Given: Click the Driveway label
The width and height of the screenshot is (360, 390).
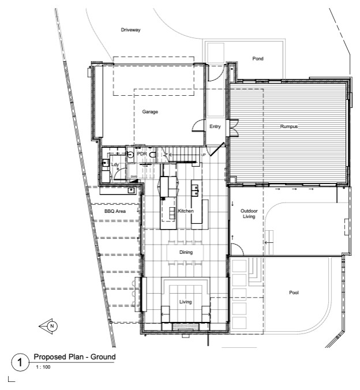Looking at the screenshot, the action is (130, 30).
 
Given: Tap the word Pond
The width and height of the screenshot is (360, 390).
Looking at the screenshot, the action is (258, 58).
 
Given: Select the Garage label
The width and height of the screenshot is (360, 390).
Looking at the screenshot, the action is (150, 112).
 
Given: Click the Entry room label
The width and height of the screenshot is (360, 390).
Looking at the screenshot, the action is (215, 126).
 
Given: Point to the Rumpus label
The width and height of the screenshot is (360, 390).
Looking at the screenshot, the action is (289, 126).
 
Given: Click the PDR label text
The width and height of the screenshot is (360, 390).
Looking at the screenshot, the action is (142, 153).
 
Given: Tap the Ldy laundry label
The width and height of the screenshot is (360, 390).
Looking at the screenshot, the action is (115, 164).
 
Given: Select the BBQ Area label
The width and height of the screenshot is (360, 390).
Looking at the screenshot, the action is (115, 211).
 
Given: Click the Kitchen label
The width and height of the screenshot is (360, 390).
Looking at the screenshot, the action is (186, 211).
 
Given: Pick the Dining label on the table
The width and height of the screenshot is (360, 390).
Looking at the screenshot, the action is (186, 252).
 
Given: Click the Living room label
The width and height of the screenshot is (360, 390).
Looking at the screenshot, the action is (186, 302).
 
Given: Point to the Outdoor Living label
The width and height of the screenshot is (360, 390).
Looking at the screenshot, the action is (249, 213).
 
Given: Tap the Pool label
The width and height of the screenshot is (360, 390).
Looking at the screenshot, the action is (294, 292).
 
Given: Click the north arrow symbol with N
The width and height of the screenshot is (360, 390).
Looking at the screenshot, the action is (48, 326).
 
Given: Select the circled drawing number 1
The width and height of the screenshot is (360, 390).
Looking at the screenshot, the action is (20, 362).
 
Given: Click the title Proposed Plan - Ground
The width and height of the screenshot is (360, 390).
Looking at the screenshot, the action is (74, 357).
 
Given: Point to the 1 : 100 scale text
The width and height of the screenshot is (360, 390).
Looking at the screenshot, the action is (43, 367).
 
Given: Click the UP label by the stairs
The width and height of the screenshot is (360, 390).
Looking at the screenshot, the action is (203, 155).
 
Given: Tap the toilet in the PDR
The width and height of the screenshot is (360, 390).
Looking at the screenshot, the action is (153, 155).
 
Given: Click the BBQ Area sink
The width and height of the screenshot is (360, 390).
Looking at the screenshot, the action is (131, 190).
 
